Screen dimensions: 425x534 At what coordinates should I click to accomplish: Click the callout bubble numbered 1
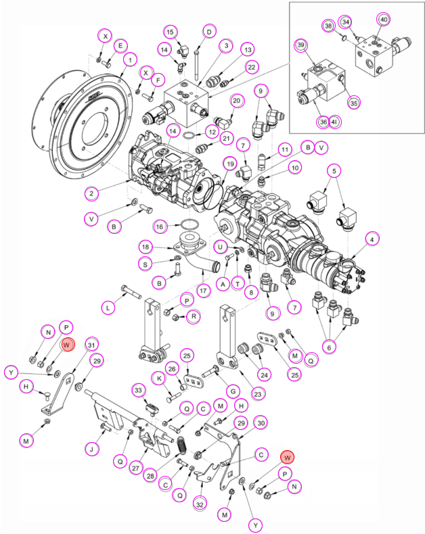click(130, 60)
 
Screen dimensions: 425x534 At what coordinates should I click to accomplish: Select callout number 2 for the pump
click(91, 194)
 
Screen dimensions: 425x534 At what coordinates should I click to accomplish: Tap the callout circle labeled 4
click(372, 239)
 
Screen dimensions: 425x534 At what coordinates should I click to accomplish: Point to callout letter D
click(209, 32)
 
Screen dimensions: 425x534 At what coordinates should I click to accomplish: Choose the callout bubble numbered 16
click(159, 227)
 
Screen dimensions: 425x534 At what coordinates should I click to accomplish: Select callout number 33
click(138, 390)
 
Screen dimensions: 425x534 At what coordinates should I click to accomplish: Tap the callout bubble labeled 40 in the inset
click(384, 20)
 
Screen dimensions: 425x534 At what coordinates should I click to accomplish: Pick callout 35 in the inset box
click(354, 103)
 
